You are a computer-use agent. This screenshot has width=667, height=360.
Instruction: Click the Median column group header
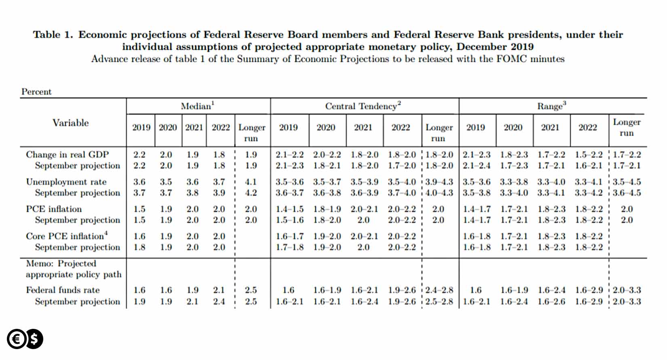coord(198,106)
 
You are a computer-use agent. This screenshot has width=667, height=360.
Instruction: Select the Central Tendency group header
coord(363,106)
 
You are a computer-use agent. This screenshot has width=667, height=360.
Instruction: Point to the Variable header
coord(71,123)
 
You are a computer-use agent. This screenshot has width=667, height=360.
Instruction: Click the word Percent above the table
coord(36,91)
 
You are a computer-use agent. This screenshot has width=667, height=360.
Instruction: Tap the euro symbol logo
coord(17,339)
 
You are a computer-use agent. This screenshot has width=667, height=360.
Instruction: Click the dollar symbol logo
coord(34,339)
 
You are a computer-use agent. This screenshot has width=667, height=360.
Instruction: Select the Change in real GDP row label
coord(67,155)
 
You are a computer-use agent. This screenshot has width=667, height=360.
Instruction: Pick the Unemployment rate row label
coord(66,182)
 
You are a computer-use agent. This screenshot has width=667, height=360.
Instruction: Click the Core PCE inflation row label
coord(67,236)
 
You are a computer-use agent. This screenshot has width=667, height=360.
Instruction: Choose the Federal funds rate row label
coord(63,290)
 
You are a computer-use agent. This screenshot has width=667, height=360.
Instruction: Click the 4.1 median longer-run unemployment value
coord(251,182)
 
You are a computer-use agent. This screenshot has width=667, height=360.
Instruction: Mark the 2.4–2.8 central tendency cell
coord(439,290)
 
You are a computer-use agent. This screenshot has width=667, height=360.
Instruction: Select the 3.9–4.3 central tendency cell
coord(439,182)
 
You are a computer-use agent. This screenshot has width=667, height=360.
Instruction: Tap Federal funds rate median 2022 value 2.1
coord(219,290)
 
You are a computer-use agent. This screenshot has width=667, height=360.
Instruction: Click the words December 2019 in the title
coord(495,47)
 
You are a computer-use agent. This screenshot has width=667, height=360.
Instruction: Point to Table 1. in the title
coord(53,34)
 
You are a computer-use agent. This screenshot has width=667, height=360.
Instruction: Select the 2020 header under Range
coord(513,127)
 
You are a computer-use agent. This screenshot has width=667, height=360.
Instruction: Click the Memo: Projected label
coord(61,263)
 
